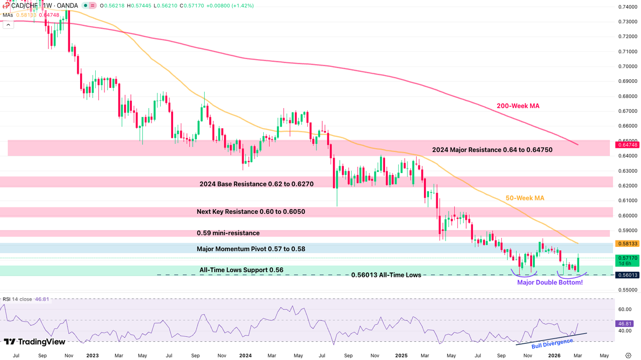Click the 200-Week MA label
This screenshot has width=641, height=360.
tap(518, 106)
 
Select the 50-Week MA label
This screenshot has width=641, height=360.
tap(525, 198)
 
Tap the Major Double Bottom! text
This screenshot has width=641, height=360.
tap(549, 282)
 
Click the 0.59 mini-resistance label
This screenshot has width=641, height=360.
tap(228, 233)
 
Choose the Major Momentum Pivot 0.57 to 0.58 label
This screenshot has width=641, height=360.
tap(251, 249)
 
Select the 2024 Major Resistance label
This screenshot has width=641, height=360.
tap(492, 150)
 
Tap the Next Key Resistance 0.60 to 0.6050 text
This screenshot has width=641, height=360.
tap(251, 212)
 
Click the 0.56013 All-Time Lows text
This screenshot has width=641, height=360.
tap(386, 275)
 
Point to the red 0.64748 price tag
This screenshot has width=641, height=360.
tap(626, 145)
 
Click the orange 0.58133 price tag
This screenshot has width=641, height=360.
tap(626, 244)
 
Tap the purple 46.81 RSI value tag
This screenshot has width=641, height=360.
tap(625, 323)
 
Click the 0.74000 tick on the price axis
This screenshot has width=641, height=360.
tap(628, 7)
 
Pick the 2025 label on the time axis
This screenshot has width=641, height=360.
tap(402, 355)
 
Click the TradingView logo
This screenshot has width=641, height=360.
tap(35, 342)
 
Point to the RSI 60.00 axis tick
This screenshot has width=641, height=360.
tap(625, 309)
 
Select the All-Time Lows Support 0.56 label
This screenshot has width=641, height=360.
tap(241, 270)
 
